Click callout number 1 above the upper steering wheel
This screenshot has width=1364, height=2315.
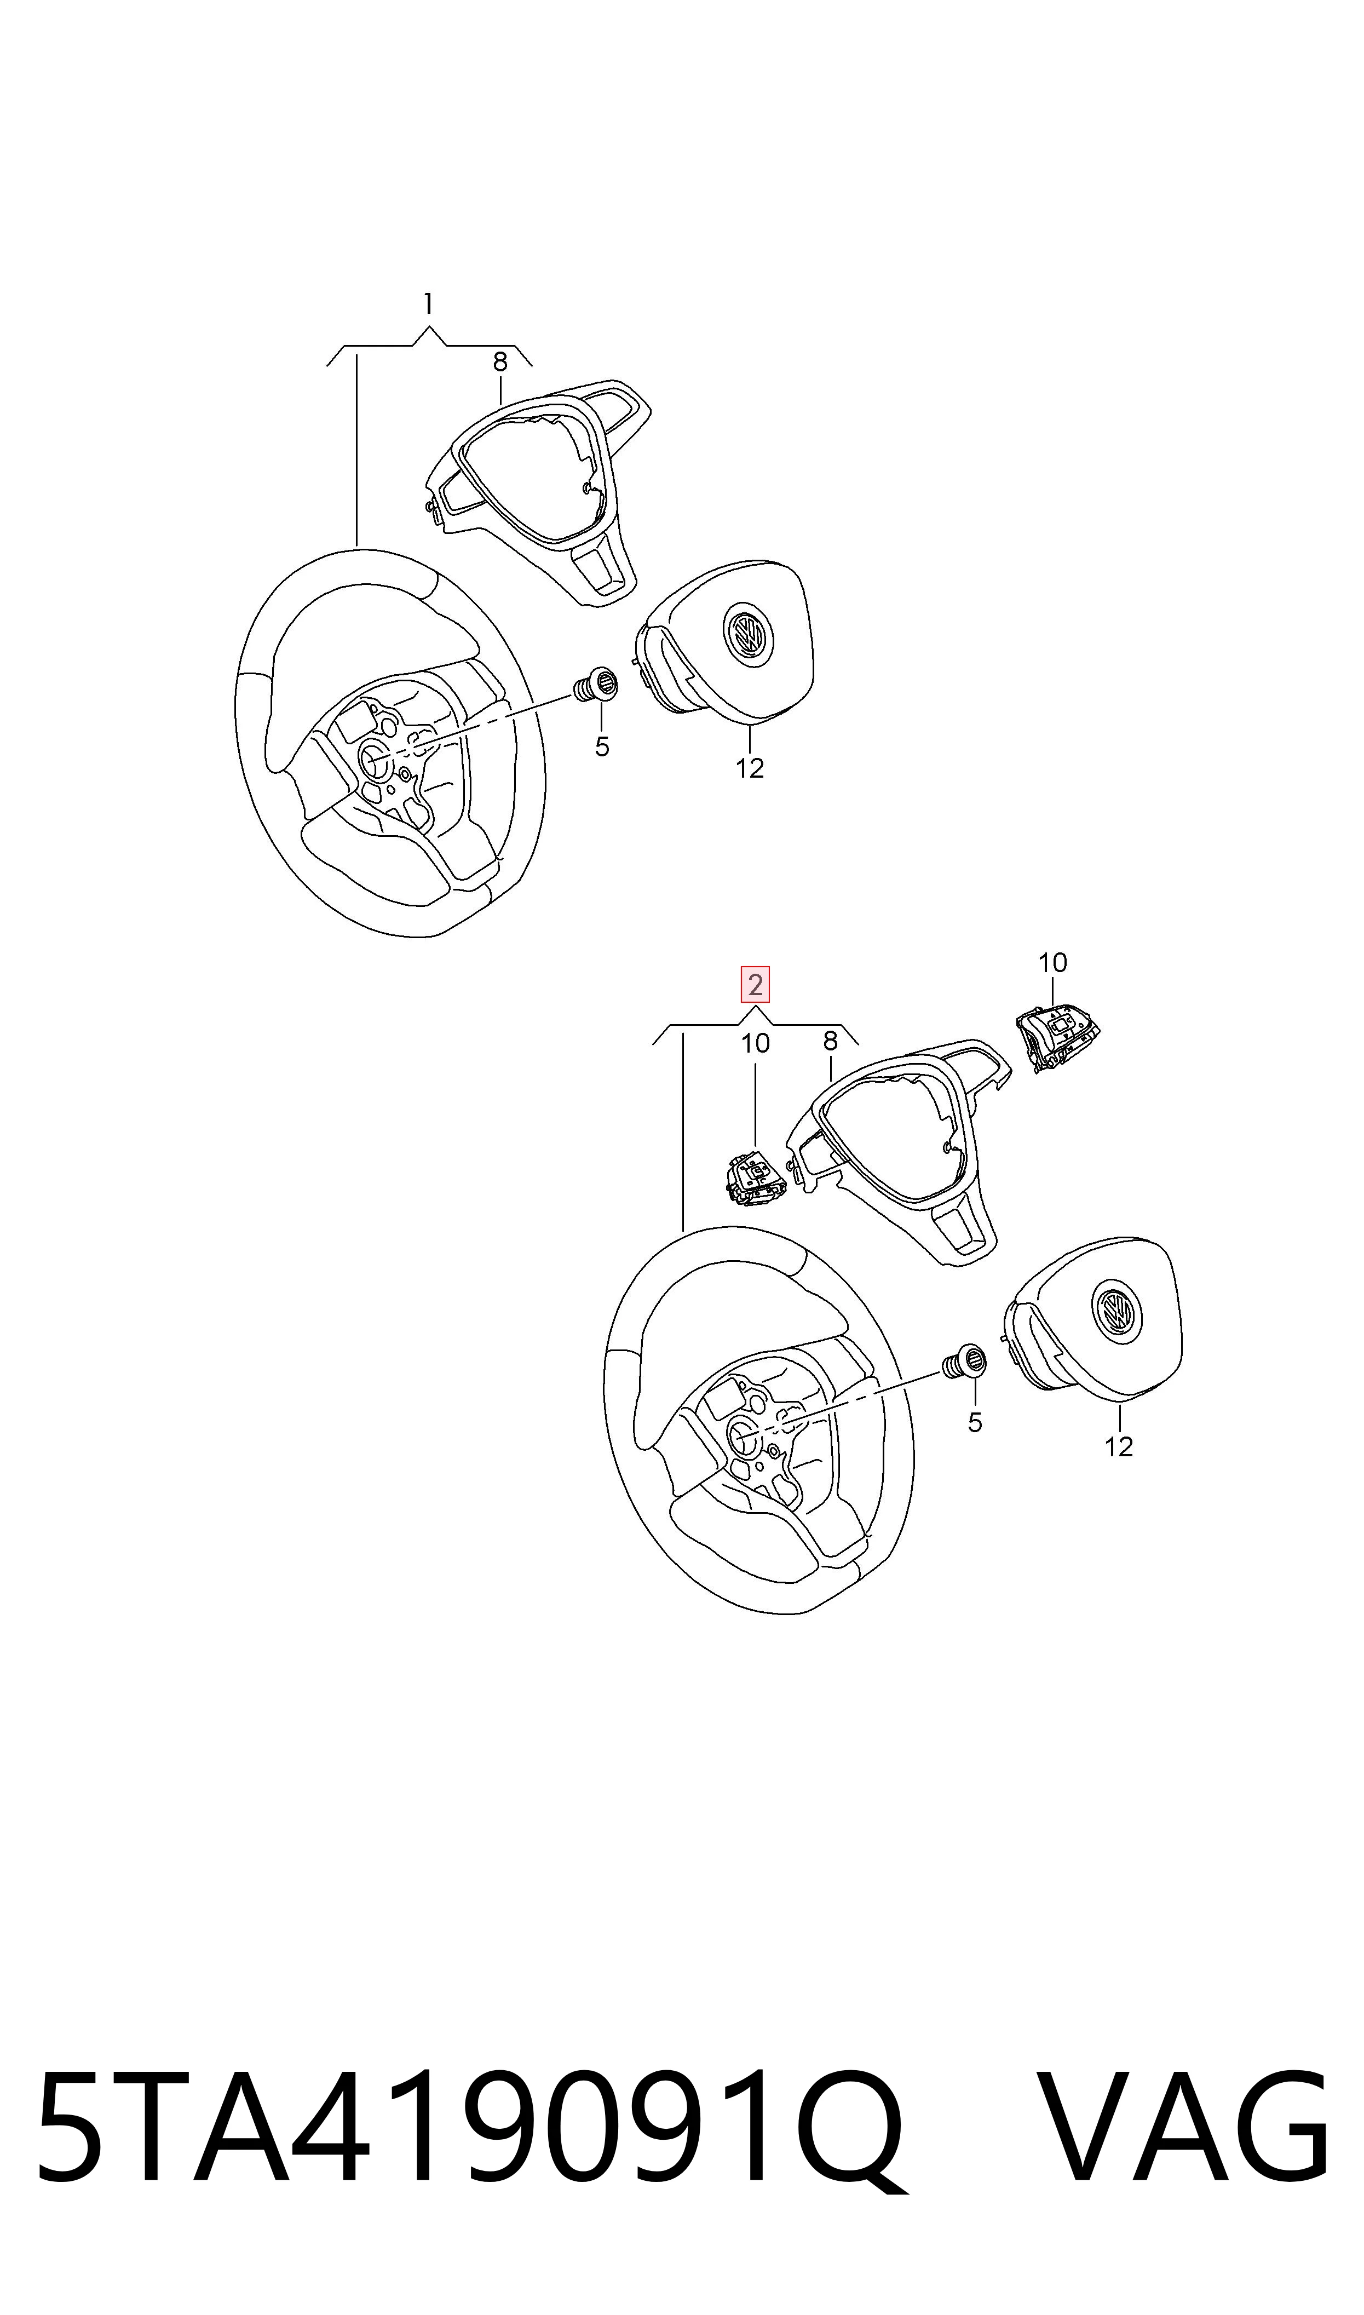(428, 304)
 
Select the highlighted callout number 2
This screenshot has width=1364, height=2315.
(756, 985)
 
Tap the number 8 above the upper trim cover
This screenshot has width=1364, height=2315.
(500, 362)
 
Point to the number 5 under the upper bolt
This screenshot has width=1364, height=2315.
(602, 747)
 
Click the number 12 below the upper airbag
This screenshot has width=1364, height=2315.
(750, 768)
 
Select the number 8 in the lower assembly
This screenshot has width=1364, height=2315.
(830, 1041)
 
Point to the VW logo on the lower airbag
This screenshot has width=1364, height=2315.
(1116, 1309)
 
